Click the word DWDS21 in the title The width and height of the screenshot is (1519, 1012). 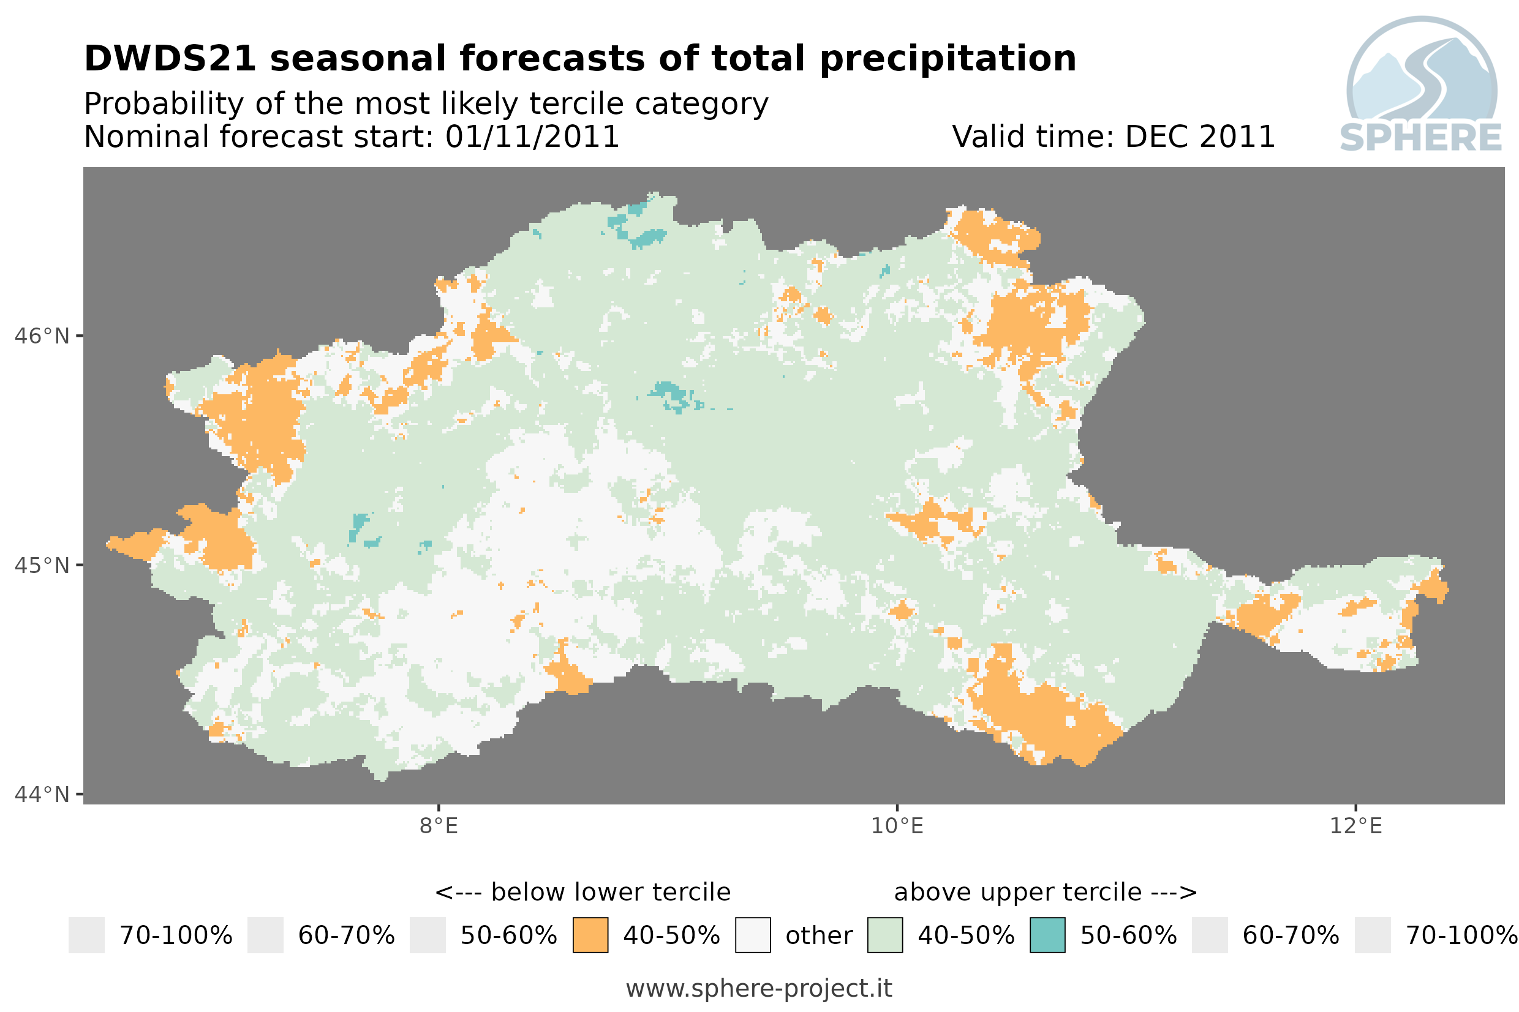[170, 59]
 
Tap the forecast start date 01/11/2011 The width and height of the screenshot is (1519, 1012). [531, 137]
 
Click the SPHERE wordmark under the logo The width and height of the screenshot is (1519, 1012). [1420, 138]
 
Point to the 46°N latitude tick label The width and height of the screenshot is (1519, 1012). [41, 336]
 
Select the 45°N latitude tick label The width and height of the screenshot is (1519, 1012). [41, 565]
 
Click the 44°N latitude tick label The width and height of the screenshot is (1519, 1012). [41, 795]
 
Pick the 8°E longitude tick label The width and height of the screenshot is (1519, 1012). [439, 825]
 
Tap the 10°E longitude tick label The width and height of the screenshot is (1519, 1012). [897, 825]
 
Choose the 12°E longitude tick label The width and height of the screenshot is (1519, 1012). [1355, 825]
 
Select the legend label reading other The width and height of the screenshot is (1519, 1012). [818, 935]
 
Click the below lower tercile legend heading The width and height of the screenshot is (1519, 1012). [582, 892]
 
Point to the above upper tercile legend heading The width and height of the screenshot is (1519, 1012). [1045, 892]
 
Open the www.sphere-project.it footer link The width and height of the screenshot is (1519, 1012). [758, 988]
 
